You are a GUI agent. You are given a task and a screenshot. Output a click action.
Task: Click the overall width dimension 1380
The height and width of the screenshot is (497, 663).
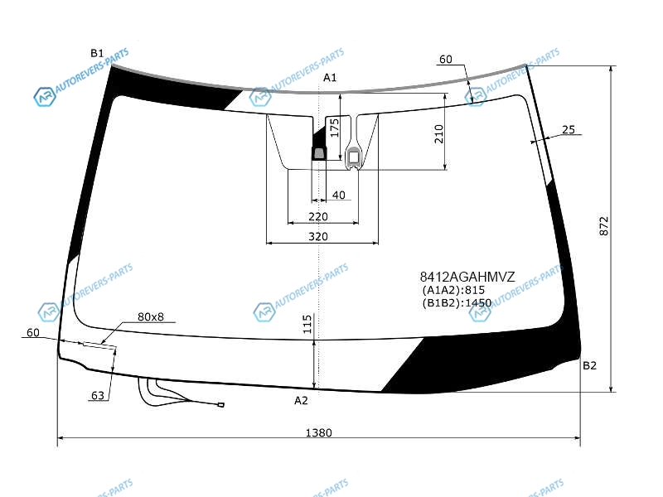click(318, 432)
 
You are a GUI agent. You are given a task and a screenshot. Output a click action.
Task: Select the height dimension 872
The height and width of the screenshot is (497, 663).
click(604, 226)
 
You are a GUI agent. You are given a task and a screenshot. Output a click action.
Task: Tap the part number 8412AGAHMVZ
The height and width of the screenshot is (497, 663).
click(467, 277)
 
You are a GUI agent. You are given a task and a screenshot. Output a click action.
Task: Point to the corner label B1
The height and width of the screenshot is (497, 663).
click(97, 53)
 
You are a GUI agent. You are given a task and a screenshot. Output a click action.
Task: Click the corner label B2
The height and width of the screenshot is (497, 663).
click(589, 365)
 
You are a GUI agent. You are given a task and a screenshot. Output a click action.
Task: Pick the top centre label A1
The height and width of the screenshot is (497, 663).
click(330, 77)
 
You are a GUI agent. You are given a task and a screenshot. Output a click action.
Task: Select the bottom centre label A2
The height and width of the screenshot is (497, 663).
click(301, 400)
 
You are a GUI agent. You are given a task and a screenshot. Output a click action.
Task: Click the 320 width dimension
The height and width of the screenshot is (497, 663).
click(318, 236)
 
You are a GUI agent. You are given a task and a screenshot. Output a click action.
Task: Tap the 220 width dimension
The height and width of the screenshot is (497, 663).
click(318, 216)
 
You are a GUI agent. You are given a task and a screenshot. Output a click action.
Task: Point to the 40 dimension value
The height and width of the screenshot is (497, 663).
click(339, 195)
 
